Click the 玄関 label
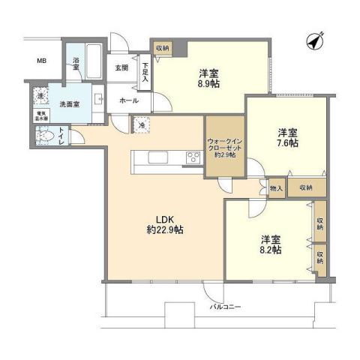[x=121, y=67]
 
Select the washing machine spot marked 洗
[x=41, y=97]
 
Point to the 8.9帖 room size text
[x=208, y=85]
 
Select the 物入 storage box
[x=276, y=188]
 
